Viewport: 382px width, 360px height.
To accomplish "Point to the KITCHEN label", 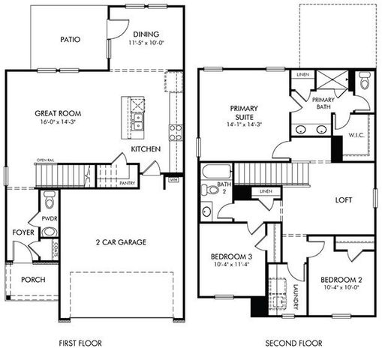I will click(145, 149).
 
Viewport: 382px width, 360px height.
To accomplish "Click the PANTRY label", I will click(126, 182).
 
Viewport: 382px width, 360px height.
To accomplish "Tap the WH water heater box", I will click(173, 180).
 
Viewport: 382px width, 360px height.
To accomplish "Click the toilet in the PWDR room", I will click(49, 201).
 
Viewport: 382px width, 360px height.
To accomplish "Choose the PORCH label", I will click(33, 280).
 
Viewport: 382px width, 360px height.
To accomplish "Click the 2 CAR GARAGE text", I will click(120, 242).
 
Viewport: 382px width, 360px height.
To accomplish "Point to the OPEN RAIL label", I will click(48, 160).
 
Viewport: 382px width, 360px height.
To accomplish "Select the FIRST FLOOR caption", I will click(80, 343).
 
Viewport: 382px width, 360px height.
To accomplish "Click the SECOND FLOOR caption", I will click(293, 343).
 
